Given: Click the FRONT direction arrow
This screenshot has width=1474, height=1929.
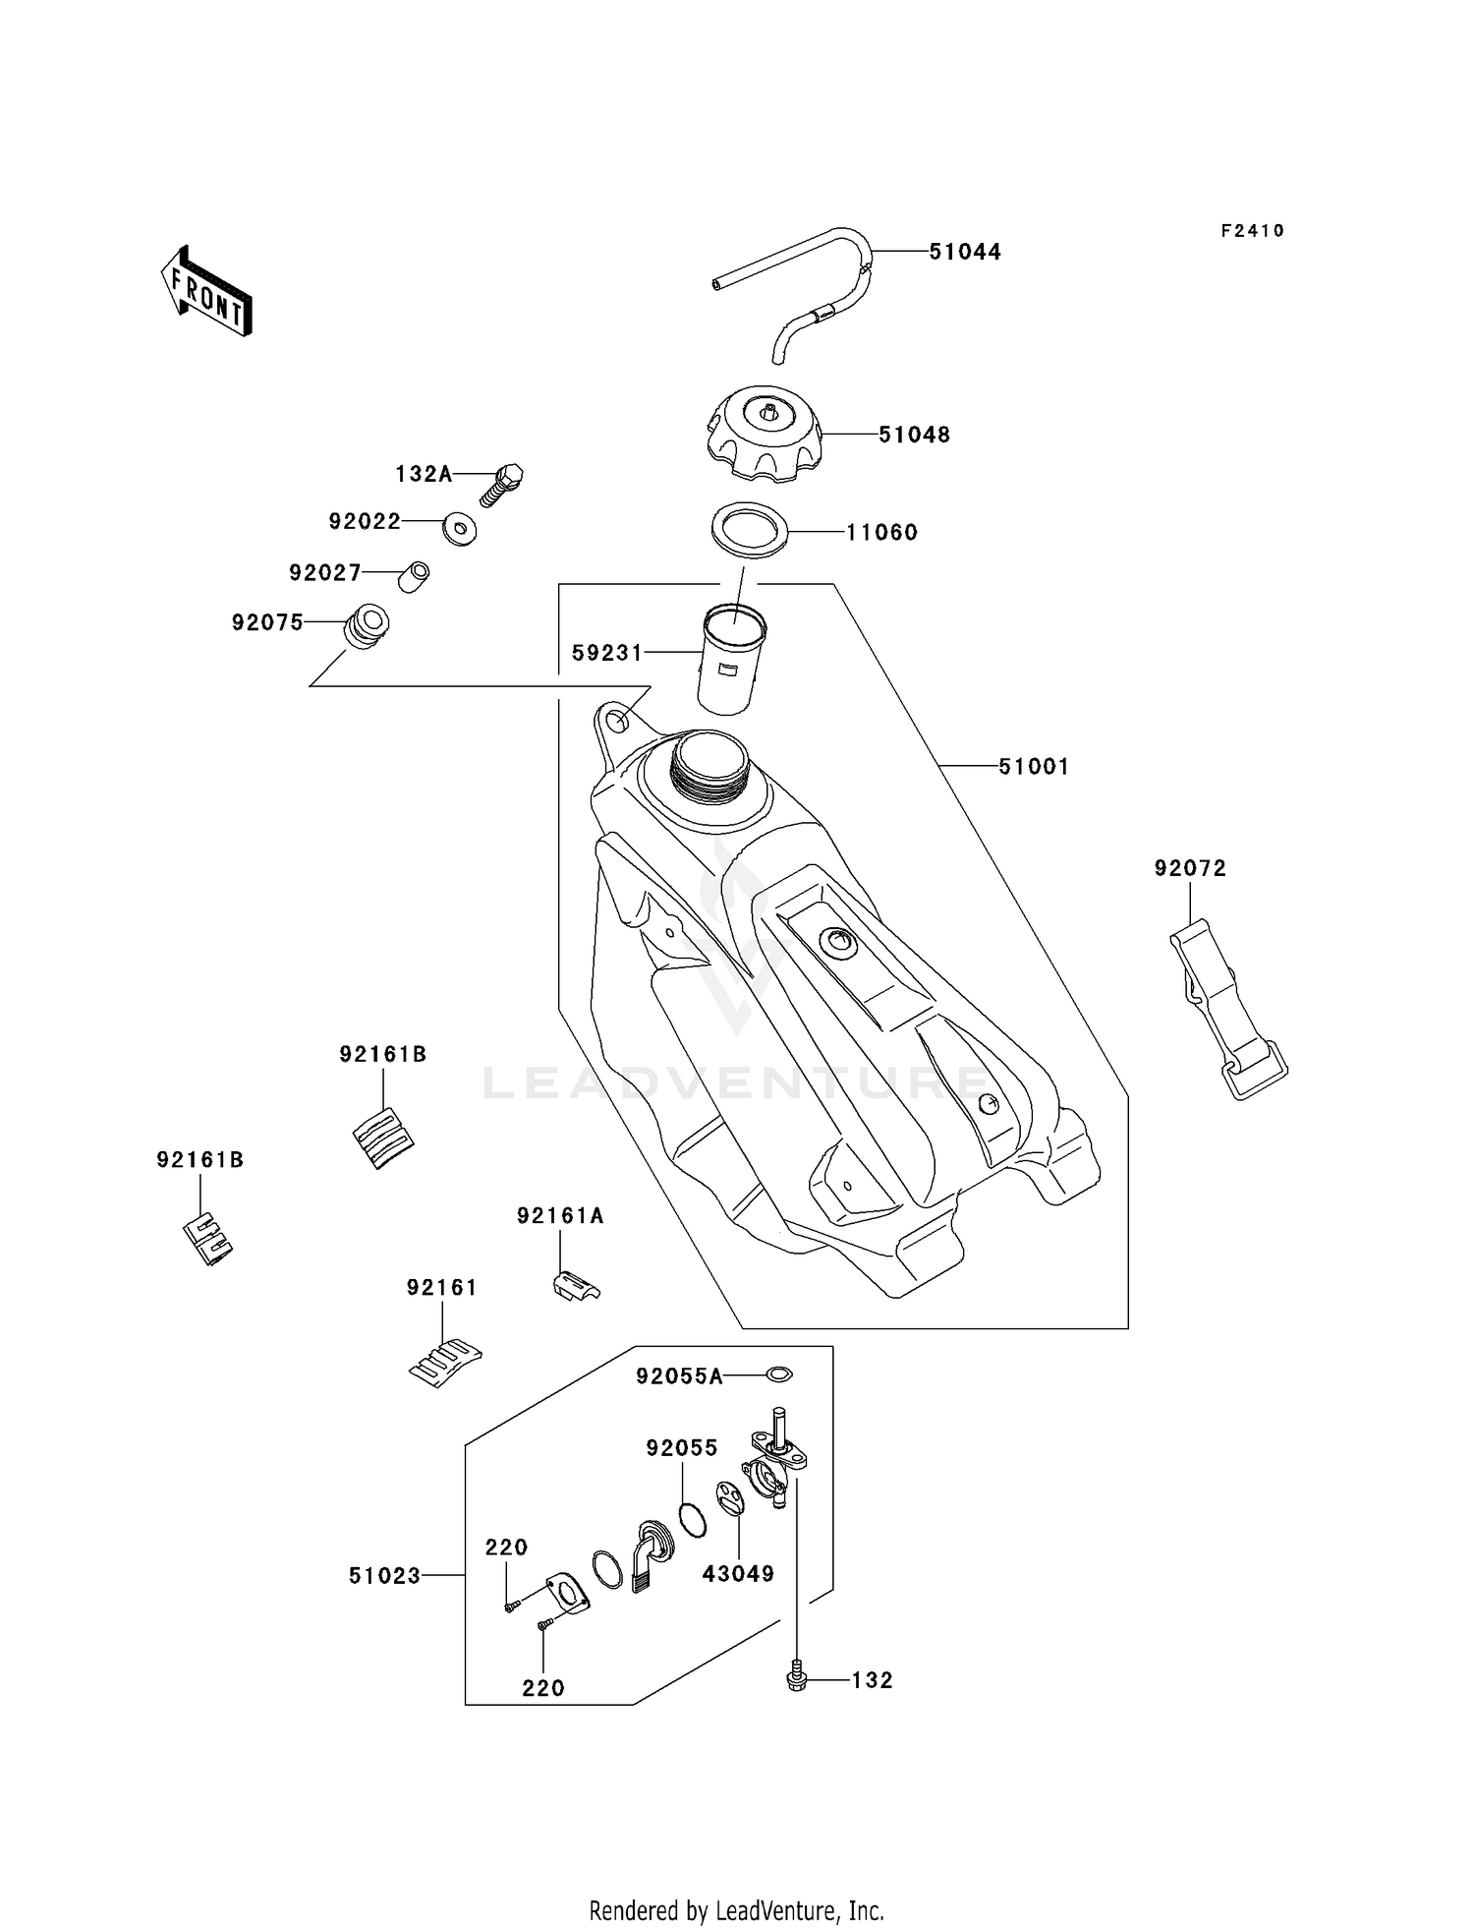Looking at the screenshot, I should [206, 293].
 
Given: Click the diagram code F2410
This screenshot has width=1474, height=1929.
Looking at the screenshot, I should [1252, 231].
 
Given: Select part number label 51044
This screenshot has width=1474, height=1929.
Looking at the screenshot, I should [965, 252].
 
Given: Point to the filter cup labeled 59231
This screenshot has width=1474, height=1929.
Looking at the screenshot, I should [732, 660].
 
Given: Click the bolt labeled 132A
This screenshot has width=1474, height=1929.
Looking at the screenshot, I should [502, 484].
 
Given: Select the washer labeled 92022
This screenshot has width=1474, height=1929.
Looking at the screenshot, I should [459, 529].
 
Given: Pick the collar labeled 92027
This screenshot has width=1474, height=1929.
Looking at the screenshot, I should [414, 575].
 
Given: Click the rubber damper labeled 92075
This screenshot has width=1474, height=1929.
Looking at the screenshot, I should [366, 627].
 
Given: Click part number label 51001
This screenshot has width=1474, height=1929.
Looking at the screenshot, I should [1034, 766].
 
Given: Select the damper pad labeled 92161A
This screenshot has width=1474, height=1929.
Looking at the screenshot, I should [574, 1285].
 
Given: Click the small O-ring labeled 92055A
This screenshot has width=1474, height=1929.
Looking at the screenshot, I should [778, 1374].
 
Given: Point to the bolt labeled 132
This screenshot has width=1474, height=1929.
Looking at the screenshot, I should [797, 1682].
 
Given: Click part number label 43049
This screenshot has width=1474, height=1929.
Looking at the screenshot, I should [738, 1573].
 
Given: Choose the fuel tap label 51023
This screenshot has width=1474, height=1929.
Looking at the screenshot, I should [384, 1576].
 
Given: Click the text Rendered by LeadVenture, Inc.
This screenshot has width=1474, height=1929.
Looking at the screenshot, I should [736, 1910].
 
